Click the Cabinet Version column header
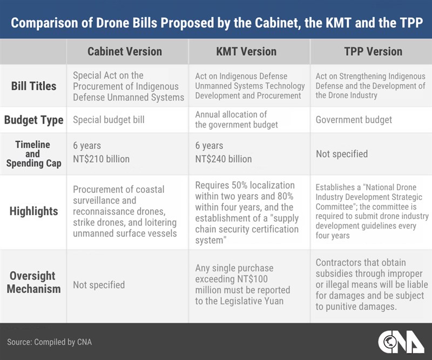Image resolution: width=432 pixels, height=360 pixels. pyautogui.click(x=125, y=51)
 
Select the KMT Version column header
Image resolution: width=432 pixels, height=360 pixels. pyautogui.click(x=246, y=51)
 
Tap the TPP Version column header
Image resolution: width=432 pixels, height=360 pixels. pyautogui.click(x=373, y=51)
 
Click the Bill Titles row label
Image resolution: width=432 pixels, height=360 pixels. pyautogui.click(x=33, y=86)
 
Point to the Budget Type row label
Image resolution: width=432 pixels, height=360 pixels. pyautogui.click(x=33, y=120)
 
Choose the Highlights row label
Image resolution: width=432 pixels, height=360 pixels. pyautogui.click(x=33, y=211)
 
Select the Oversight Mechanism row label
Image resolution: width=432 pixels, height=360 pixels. pyautogui.click(x=33, y=282)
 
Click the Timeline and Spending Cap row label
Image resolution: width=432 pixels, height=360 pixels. pyautogui.click(x=33, y=154)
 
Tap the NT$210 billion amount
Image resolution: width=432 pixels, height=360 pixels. pyautogui.click(x=101, y=159)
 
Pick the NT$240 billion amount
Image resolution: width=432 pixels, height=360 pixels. pyautogui.click(x=224, y=159)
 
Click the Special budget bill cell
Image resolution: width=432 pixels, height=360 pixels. pyautogui.click(x=109, y=120)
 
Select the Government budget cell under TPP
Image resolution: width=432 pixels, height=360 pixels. pyautogui.click(x=354, y=120)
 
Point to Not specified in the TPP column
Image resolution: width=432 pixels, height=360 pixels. pyautogui.click(x=342, y=154)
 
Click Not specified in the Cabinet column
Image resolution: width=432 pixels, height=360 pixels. pyautogui.click(x=99, y=285)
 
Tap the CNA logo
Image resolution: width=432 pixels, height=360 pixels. pyautogui.click(x=401, y=342)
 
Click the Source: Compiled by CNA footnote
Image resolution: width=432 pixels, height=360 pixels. pyautogui.click(x=49, y=342)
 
